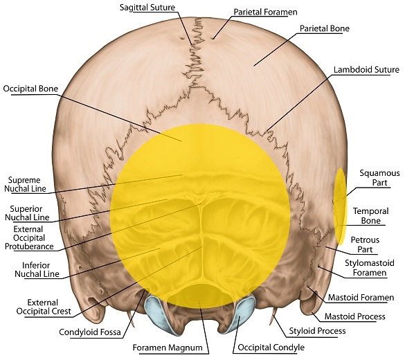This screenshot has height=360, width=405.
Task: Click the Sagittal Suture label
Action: (147, 7)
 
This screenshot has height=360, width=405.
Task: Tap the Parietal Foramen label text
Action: (265, 12)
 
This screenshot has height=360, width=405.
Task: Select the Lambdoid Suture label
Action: (366, 69)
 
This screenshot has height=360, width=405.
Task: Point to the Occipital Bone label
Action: (30, 89)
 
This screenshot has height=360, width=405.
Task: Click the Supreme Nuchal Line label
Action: (25, 184)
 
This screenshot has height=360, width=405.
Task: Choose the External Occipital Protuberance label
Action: (29, 237)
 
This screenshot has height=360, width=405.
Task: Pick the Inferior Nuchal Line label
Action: (37, 269)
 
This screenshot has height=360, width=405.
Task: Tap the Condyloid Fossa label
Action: (90, 332)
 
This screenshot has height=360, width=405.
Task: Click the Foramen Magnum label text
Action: (168, 348)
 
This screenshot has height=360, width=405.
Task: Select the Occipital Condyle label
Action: (271, 348)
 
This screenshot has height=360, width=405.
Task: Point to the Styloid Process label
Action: (317, 331)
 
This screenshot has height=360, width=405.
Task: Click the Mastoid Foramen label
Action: (361, 298)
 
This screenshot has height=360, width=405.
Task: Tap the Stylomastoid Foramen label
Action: (370, 268)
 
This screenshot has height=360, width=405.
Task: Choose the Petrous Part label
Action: (365, 244)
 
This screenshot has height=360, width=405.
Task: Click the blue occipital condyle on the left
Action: (156, 313)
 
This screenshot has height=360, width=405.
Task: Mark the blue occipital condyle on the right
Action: (242, 313)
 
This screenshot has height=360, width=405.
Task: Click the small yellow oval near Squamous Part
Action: (341, 206)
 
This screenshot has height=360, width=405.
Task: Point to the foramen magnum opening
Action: (199, 295)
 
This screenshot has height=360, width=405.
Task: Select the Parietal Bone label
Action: (325, 28)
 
